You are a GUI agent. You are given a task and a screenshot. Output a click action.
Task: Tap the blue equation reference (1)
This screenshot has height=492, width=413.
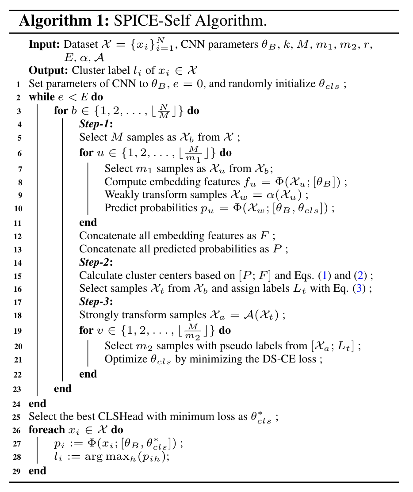325,276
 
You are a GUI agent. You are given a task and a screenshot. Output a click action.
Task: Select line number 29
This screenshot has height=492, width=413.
17,471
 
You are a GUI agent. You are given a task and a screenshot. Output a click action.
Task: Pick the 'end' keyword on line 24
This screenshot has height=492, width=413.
37,403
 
